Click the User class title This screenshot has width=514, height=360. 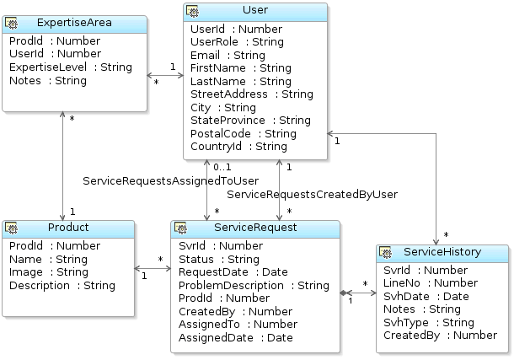point(255,11)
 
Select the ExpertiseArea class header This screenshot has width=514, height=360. point(75,22)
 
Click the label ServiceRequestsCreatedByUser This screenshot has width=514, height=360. point(313,194)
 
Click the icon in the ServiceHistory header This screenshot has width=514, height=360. point(386,253)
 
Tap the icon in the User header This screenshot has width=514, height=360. point(193,11)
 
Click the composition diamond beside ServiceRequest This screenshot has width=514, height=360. point(345,293)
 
